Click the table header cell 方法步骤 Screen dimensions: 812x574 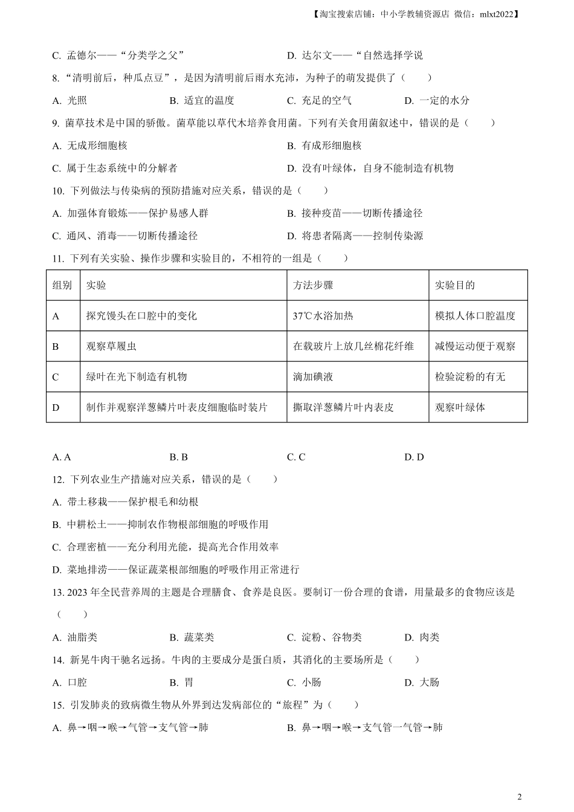(x=313, y=285)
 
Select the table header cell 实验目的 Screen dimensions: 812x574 (x=454, y=285)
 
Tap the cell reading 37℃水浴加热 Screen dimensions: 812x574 (x=323, y=316)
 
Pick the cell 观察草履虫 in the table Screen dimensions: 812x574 (x=111, y=346)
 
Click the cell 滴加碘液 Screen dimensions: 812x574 (x=313, y=377)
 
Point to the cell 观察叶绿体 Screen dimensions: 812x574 (x=460, y=407)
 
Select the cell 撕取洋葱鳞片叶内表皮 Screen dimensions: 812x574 (x=343, y=407)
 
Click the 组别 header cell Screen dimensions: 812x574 (x=62, y=285)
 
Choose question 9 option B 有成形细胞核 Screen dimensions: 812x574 (x=324, y=146)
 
